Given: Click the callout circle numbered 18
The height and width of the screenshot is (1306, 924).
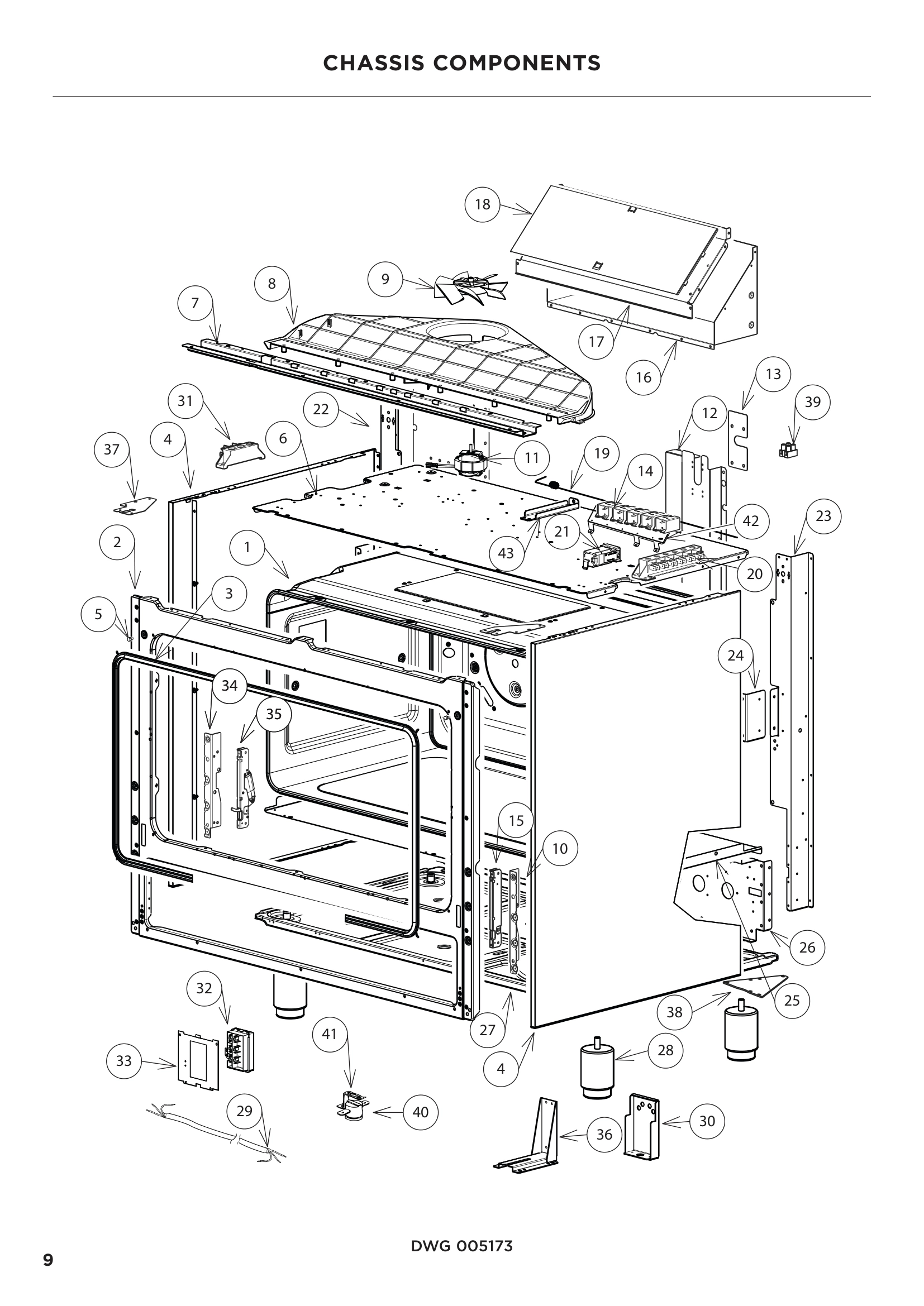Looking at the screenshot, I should tap(482, 204).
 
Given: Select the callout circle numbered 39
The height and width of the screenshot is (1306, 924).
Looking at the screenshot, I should tap(812, 402).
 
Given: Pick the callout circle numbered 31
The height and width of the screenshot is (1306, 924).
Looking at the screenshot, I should tap(185, 401).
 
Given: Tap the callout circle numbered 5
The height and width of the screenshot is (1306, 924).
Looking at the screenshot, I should tap(98, 614).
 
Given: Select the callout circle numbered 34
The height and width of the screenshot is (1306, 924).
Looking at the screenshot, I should tap(229, 686).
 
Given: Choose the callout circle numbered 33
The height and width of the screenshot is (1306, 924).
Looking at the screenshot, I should tap(124, 1061).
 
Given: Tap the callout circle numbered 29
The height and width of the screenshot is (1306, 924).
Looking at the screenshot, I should tap(244, 1111).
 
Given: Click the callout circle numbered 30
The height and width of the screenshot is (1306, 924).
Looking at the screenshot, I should tap(707, 1121).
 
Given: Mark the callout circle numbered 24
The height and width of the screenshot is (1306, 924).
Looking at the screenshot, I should tap(735, 656).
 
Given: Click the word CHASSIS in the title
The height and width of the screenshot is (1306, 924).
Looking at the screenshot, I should tap(374, 63).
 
